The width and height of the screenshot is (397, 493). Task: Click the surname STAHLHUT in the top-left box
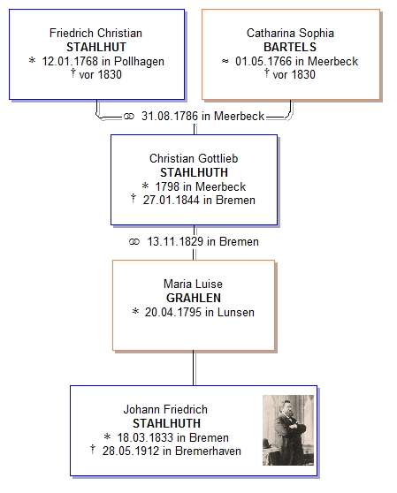(96, 47)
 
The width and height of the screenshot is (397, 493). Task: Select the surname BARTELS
(290, 47)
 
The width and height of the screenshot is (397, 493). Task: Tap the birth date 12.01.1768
(70, 61)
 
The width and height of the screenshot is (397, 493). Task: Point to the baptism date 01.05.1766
(263, 61)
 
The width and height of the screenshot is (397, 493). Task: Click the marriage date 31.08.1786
(170, 116)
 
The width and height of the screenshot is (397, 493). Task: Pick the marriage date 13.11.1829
(175, 241)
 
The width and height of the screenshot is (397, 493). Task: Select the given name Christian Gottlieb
(194, 158)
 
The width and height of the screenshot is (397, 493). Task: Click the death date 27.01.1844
(172, 200)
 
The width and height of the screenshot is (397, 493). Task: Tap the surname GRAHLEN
(194, 298)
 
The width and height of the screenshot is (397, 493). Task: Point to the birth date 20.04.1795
(173, 312)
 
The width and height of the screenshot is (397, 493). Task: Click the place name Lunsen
(236, 312)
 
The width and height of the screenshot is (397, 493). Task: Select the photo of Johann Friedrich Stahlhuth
(288, 430)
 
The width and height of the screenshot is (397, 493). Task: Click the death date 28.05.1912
(131, 451)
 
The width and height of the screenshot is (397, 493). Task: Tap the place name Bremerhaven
(209, 451)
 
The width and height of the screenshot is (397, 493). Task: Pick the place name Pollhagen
(139, 62)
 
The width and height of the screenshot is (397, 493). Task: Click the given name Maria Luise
(193, 284)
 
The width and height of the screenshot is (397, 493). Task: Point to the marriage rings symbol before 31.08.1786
(129, 117)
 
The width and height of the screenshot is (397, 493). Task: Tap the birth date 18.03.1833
(145, 437)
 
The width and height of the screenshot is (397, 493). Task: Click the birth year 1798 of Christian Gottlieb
(167, 186)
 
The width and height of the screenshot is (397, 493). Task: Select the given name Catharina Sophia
(290, 33)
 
